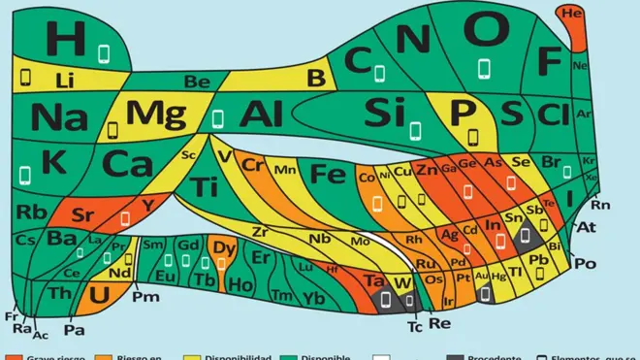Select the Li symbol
coord(65,79)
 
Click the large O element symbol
coord(482,31)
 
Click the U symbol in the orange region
coord(98,292)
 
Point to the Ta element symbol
coord(373,281)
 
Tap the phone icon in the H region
coord(105,50)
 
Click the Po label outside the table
coord(586,263)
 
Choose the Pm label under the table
coord(144,296)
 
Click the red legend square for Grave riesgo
coord(10,356)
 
